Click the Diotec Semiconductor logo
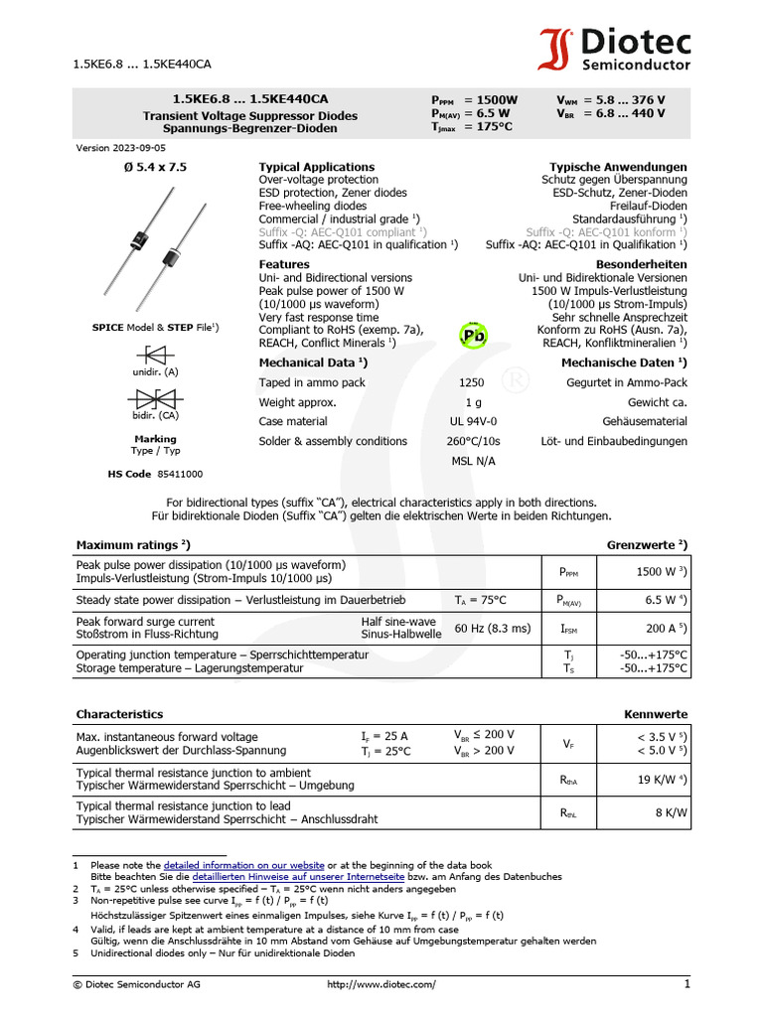point(615,50)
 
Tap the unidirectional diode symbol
point(155,354)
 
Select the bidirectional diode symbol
point(155,398)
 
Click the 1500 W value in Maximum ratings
point(656,572)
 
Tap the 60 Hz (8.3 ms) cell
point(493,628)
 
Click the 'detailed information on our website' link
point(243,865)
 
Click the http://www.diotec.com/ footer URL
point(381,983)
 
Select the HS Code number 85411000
point(180,474)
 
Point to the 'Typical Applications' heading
point(317,167)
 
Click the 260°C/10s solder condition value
point(473,441)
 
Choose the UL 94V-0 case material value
point(473,421)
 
